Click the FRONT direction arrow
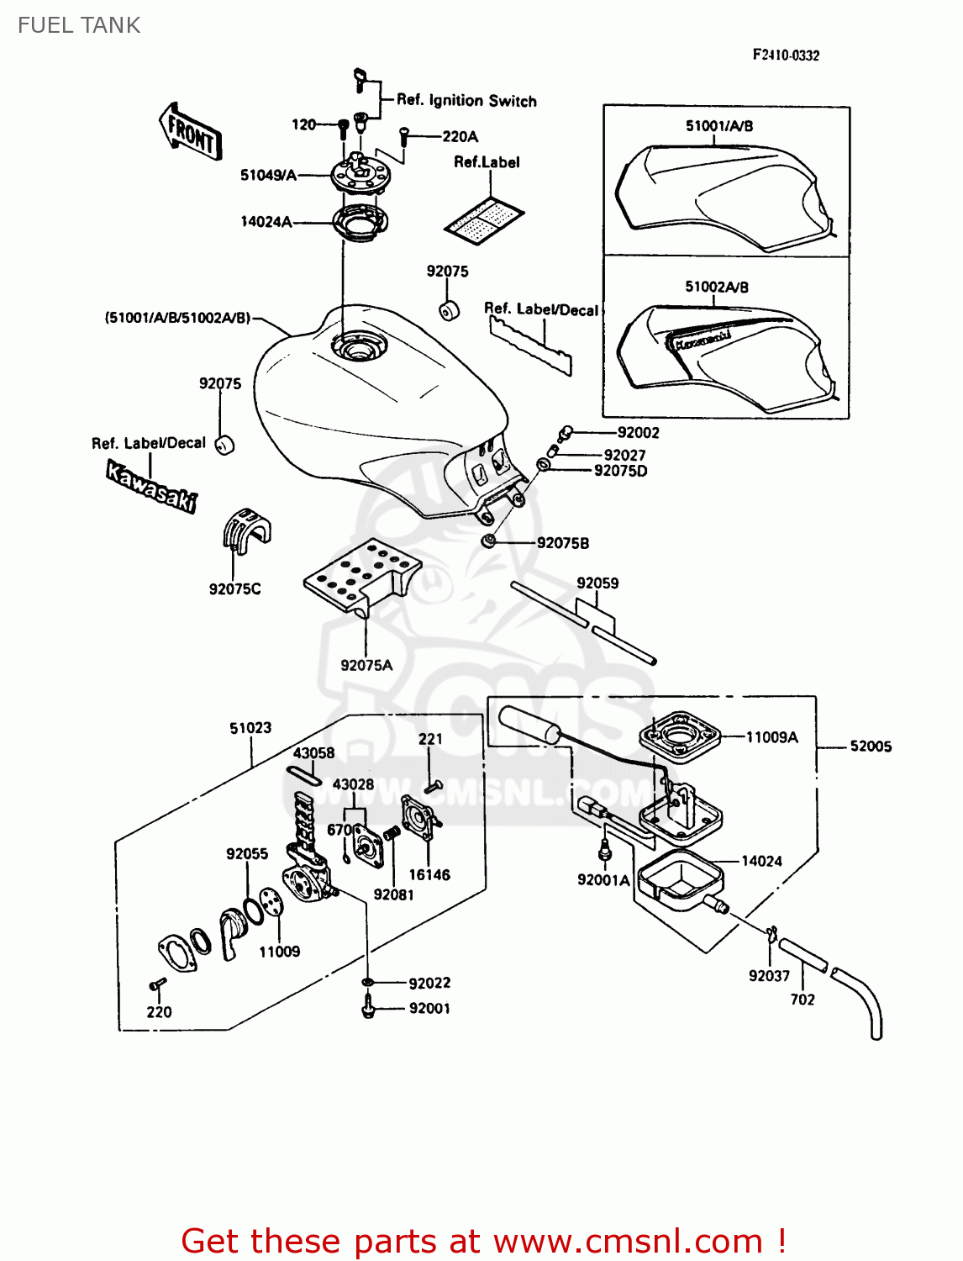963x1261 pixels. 192,132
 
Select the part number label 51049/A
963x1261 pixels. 268,175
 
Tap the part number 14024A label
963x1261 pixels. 266,222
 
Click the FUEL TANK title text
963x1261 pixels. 79,25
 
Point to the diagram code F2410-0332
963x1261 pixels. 786,55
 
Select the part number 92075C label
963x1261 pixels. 234,589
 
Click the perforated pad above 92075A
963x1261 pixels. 361,572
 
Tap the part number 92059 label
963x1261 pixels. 597,583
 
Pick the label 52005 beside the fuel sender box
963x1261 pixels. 871,746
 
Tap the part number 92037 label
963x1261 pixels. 769,975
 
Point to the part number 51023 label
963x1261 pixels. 250,728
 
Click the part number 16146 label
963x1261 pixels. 429,875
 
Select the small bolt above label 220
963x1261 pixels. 156,984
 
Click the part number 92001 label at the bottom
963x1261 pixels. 429,1008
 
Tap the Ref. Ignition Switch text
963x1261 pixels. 466,101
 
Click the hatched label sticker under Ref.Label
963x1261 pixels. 485,221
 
